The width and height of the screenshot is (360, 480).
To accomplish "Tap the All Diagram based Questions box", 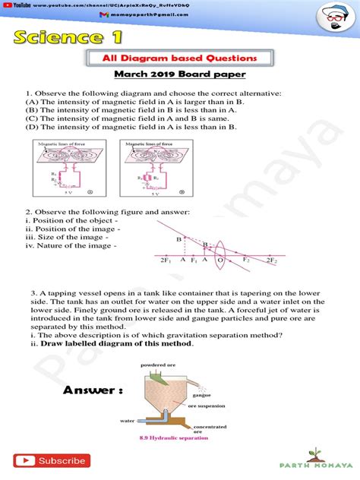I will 180,58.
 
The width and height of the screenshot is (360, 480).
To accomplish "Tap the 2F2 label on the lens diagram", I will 271,261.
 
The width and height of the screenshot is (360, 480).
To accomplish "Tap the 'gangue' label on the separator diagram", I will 204,395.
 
